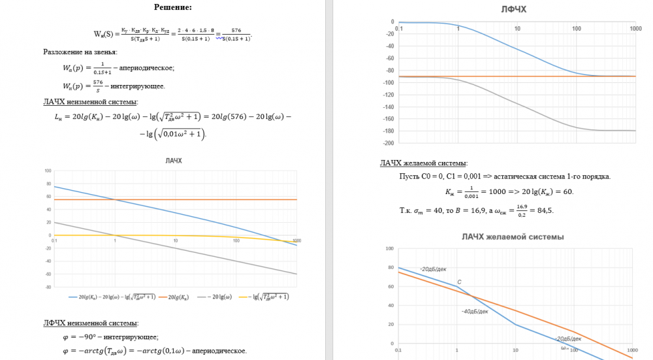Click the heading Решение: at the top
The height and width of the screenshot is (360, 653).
click(x=173, y=7)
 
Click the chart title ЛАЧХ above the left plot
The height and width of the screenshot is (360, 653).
click(x=174, y=160)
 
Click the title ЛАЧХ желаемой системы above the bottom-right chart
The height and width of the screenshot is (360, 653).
click(x=513, y=237)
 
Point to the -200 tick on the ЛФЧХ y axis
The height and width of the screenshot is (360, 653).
click(x=387, y=142)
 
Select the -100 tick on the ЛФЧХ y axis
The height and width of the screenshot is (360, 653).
click(x=387, y=82)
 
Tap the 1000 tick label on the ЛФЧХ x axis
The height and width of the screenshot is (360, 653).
click(x=635, y=29)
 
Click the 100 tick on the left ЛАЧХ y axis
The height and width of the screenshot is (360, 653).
click(x=48, y=171)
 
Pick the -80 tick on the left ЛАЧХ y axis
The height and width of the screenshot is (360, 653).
click(x=48, y=286)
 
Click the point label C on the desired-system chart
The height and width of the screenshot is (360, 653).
click(x=459, y=282)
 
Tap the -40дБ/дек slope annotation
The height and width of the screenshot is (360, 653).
click(x=475, y=311)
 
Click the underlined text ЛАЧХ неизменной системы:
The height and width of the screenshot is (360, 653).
click(x=90, y=101)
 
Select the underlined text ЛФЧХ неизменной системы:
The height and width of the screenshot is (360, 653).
click(x=91, y=323)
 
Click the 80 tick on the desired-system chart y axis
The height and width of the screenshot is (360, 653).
click(x=389, y=268)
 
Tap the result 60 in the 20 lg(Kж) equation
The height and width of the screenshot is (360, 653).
click(x=567, y=192)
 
